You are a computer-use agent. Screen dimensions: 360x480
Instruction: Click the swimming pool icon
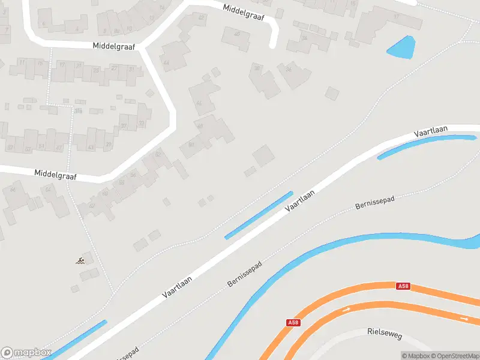tap(80, 261)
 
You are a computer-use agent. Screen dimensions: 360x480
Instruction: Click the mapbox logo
tap(26, 353)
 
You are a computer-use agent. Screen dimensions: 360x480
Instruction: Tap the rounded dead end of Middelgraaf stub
tap(274, 44)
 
